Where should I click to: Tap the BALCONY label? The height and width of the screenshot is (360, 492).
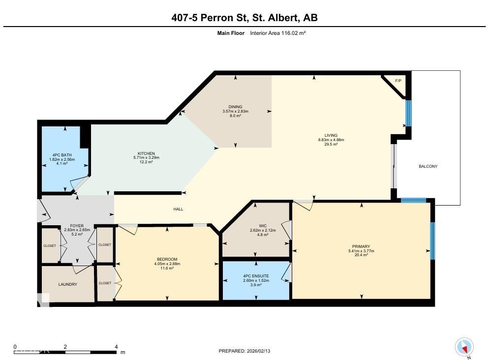(x=428, y=167)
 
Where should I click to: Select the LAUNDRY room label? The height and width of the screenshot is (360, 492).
(x=67, y=284)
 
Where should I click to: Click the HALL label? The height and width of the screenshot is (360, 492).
(x=178, y=210)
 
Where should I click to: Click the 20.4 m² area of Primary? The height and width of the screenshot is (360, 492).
(x=361, y=255)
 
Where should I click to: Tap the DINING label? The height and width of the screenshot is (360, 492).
(x=235, y=107)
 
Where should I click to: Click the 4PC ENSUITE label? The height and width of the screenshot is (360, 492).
(x=255, y=276)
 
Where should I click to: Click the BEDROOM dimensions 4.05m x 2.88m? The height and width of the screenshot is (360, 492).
(x=167, y=264)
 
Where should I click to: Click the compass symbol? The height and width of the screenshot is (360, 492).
(x=463, y=347)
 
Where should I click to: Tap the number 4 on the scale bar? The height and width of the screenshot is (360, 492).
(x=116, y=347)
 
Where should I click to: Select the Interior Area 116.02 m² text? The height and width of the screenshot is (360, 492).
(x=278, y=33)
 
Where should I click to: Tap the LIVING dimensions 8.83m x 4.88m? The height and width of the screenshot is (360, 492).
(x=331, y=140)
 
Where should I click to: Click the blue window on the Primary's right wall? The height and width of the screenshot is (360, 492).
(x=432, y=241)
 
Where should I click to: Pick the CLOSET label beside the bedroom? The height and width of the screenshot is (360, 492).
(x=104, y=283)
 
